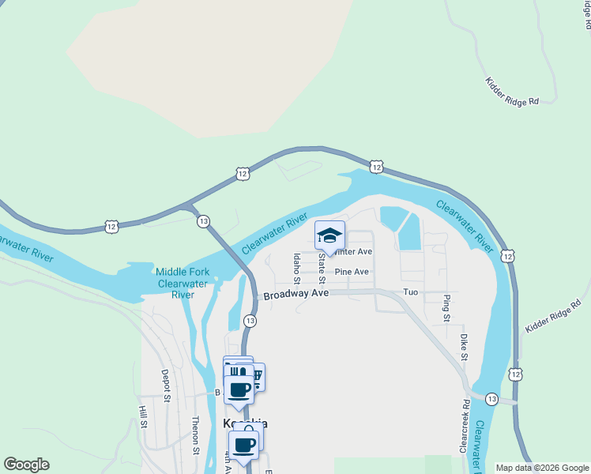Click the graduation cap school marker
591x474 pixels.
[x=330, y=235]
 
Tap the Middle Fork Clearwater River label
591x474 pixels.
[x=183, y=283]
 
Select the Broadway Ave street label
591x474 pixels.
[x=295, y=294]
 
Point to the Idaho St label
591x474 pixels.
[x=296, y=268]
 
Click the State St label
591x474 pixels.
[x=322, y=269]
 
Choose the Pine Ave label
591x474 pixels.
[x=352, y=272]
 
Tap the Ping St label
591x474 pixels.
[x=446, y=308]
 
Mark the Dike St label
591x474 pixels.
[x=465, y=347]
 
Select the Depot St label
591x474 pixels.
[x=166, y=384]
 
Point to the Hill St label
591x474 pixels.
[x=144, y=418]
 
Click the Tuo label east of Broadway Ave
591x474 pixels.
[x=410, y=292]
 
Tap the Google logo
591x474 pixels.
[x=26, y=465]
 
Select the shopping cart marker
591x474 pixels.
[x=257, y=376]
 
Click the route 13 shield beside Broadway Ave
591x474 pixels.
[x=250, y=320]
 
